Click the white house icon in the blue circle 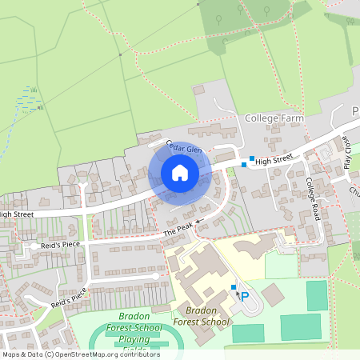click(x=180, y=173)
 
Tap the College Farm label click(x=275, y=118)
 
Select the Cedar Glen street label click(x=184, y=148)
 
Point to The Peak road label click(x=178, y=229)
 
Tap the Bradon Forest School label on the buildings click(x=201, y=316)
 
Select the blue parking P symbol click(x=245, y=296)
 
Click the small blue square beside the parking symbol click(x=234, y=287)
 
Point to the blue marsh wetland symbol click(x=30, y=98)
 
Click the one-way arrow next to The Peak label click(x=198, y=220)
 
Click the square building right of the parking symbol click(x=273, y=294)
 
